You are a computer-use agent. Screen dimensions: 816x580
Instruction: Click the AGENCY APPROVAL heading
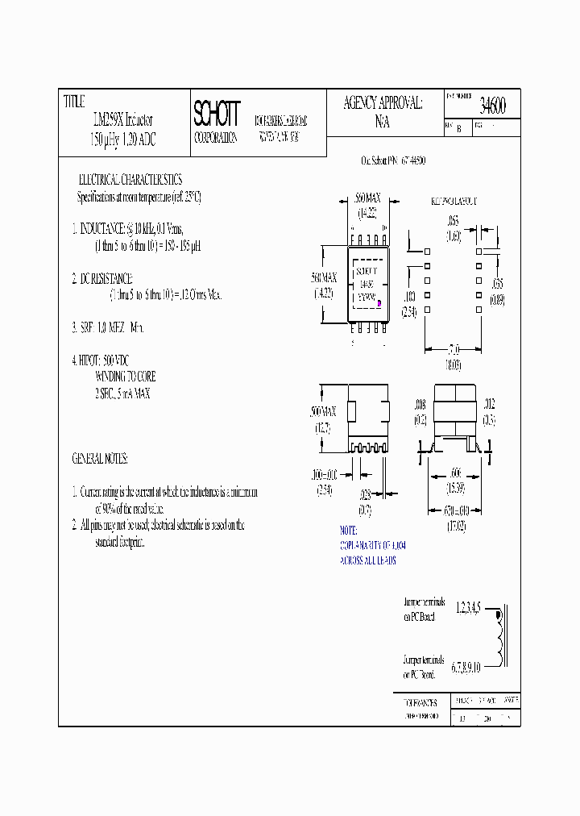(383, 103)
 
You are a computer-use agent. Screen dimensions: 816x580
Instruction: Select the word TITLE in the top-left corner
(74, 102)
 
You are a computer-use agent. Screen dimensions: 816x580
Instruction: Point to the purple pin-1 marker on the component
(379, 304)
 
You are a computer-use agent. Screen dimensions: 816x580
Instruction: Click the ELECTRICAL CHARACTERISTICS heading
(130, 179)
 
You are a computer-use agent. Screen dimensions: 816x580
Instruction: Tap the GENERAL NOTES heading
(100, 458)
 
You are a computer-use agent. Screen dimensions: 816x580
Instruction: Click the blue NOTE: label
(348, 531)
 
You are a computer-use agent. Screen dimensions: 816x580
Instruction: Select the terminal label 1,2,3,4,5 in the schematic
(472, 607)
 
